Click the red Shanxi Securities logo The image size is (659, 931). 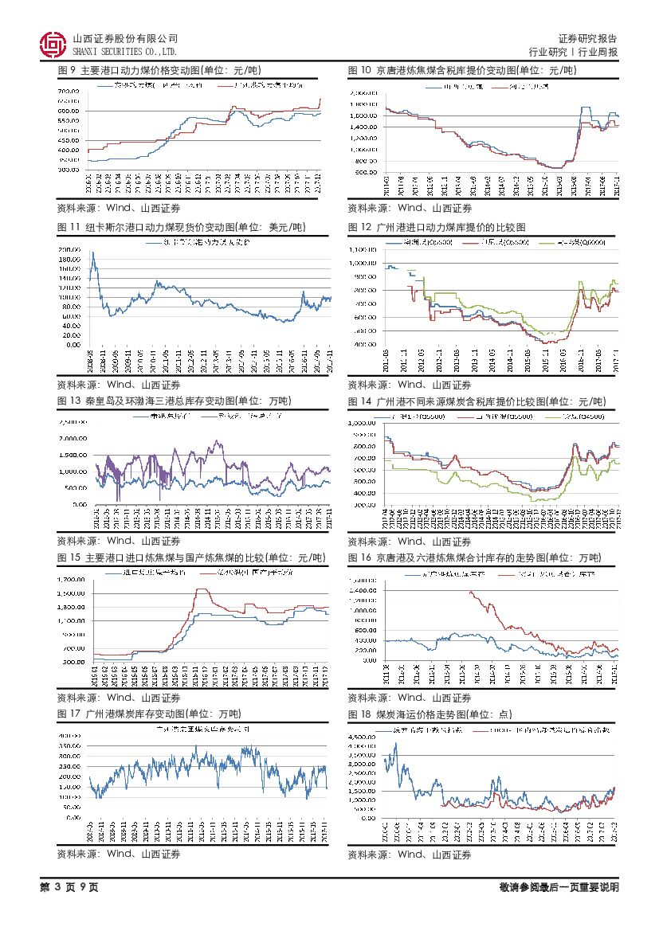53,45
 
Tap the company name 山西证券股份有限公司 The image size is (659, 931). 125,38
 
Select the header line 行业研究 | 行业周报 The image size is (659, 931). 574,52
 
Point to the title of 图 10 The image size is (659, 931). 462,71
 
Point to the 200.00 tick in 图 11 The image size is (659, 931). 69,250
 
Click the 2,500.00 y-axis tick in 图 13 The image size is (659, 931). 72,422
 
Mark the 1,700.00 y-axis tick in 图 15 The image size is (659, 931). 73,580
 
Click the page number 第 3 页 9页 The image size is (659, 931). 69,887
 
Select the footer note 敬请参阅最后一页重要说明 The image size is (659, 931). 559,887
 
